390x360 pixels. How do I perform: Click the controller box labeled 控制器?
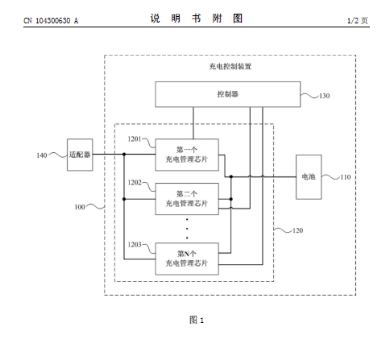point(228,94)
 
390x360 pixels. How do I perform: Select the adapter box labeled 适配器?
point(80,155)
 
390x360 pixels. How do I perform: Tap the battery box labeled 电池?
point(309,177)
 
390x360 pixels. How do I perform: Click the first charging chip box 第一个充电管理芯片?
point(187,155)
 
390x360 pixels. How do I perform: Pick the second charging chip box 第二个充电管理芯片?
point(187,199)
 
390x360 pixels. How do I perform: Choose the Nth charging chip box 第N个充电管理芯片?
point(187,259)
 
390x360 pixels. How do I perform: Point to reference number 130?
point(325,96)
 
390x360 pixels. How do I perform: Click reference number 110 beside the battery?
point(346,177)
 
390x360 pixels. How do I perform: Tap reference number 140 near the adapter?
point(42,155)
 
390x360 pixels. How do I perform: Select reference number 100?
point(80,207)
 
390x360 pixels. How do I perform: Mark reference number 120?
point(297,230)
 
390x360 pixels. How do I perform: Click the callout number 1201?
point(135,139)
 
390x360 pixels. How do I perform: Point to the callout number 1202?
point(135,183)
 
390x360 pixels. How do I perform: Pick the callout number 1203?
point(135,245)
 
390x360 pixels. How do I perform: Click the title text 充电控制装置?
point(230,66)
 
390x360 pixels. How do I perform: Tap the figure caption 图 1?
point(197,320)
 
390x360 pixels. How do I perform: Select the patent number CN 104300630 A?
point(51,21)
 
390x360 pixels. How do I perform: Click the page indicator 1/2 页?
point(358,20)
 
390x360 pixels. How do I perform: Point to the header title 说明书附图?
point(197,19)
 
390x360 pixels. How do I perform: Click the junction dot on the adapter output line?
point(124,155)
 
